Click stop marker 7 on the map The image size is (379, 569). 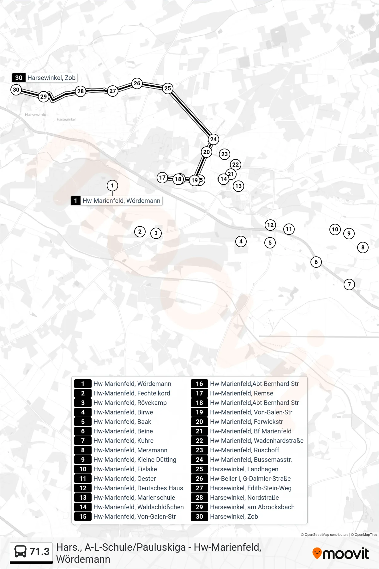click(x=349, y=284)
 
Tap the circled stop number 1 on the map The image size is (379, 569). click(x=112, y=186)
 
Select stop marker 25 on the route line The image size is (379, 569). click(x=168, y=89)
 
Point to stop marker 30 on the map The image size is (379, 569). click(x=16, y=90)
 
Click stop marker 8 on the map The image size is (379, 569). click(x=363, y=248)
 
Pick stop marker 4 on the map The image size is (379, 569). click(x=241, y=242)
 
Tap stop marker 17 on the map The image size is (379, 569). click(x=162, y=178)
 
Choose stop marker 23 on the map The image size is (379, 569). click(x=225, y=154)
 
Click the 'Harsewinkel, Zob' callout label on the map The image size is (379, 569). click(x=51, y=78)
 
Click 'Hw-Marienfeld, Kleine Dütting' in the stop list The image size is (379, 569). click(x=135, y=460)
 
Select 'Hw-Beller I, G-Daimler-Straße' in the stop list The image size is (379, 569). click(x=250, y=479)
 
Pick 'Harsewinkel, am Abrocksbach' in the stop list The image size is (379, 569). click(x=252, y=507)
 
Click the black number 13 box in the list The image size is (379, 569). click(x=83, y=498)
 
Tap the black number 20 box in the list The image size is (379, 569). click(x=199, y=422)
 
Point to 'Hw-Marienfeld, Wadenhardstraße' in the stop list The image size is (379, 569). click(x=257, y=441)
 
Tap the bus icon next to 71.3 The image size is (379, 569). click(x=21, y=552)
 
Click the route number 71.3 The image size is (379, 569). click(x=39, y=552)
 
